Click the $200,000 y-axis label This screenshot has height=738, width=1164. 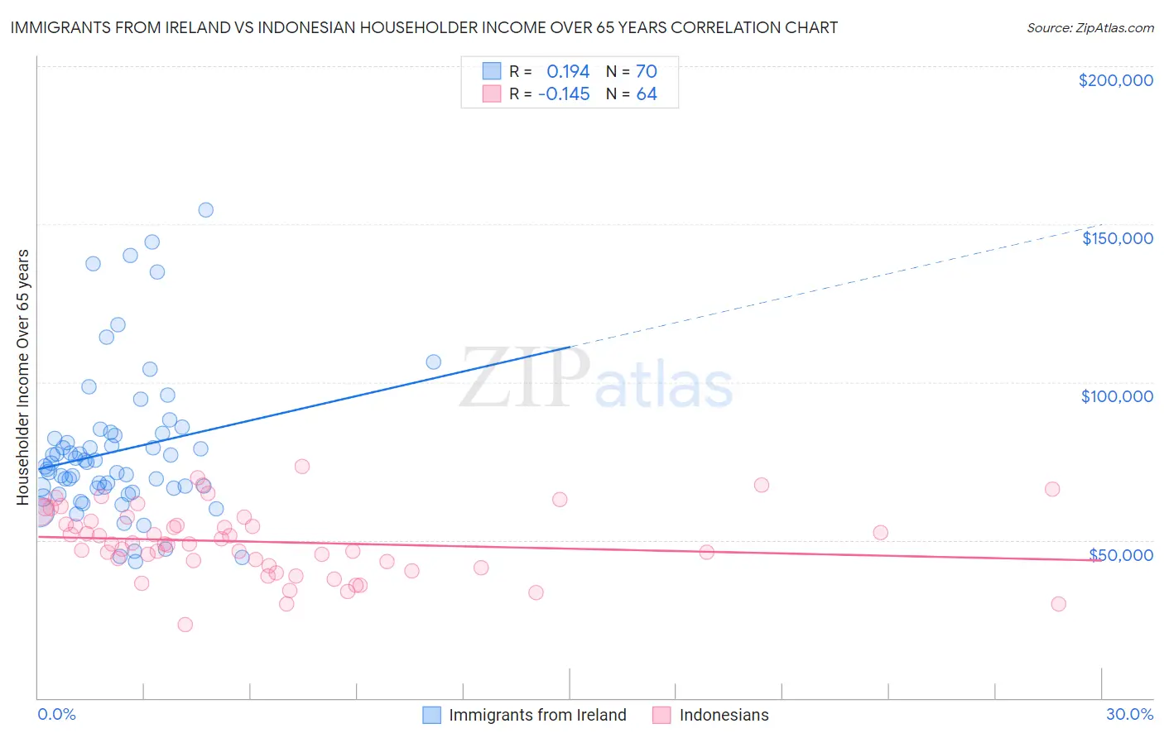(1115, 80)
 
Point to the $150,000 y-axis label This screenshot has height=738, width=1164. (1117, 238)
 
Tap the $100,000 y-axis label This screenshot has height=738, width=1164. (1117, 396)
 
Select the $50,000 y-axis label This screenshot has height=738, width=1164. (1121, 555)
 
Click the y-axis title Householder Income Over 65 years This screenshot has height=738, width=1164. (23, 377)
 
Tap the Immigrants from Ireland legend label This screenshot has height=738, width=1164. (537, 716)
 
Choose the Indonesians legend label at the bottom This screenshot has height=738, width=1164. (724, 716)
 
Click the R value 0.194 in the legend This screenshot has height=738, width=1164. (568, 71)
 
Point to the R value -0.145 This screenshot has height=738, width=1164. (564, 94)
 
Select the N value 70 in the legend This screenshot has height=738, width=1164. (647, 71)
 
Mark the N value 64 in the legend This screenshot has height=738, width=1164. (647, 94)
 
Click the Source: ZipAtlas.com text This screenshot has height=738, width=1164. (1089, 28)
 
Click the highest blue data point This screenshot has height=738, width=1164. (206, 210)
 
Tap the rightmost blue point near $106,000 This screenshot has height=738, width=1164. (433, 362)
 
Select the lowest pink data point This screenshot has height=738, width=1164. (185, 625)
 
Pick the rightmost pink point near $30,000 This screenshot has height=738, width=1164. (1058, 604)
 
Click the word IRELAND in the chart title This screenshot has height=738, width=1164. (201, 28)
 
